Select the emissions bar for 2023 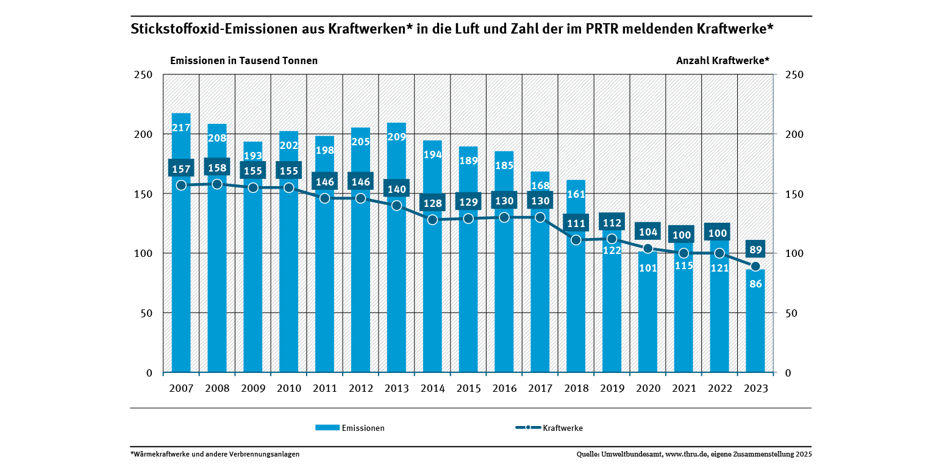point(755,330)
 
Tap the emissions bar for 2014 point(432,293)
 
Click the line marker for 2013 point(396,205)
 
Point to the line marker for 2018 point(576,240)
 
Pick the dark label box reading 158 point(217,168)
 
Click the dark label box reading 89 point(755,250)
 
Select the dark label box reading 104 point(648,232)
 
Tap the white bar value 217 point(181,128)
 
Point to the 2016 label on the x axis point(504,389)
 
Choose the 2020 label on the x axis point(648,389)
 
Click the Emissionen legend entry point(350,428)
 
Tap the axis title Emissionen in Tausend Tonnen point(244,60)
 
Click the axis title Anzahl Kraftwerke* point(723,60)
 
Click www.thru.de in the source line point(686,454)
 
